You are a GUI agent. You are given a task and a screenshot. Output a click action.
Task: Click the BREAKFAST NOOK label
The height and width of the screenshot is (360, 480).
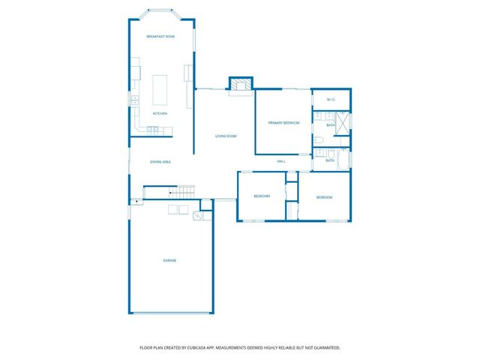pos(161,37)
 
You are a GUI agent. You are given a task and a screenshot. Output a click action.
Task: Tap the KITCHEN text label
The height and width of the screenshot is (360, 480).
pos(160,113)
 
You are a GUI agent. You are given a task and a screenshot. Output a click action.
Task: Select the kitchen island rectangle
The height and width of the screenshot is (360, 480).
pos(160,89)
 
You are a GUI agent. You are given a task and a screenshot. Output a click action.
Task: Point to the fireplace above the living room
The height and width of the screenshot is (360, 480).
pos(240,84)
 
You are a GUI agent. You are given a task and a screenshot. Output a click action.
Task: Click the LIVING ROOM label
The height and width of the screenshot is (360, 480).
pos(226,136)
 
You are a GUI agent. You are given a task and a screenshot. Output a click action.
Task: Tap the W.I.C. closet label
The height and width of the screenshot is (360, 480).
pos(331,100)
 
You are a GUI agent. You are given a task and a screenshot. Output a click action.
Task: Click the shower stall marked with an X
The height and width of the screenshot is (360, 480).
pos(342,122)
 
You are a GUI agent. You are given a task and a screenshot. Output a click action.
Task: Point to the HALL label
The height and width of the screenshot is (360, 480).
pos(281,160)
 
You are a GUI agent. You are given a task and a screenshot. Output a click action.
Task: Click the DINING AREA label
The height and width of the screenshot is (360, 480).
pos(161,161)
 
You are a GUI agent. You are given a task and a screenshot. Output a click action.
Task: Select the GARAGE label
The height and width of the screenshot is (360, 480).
pos(170,260)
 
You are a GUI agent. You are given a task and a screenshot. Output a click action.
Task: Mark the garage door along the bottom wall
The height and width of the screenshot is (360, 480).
pos(170,313)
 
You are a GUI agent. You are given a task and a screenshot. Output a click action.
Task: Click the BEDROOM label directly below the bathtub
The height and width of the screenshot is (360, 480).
pos(324,196)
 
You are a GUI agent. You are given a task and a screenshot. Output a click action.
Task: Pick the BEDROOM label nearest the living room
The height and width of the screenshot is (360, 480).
pos(261,196)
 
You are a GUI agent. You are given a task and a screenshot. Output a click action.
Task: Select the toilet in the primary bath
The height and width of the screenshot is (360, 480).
pos(319,140)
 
